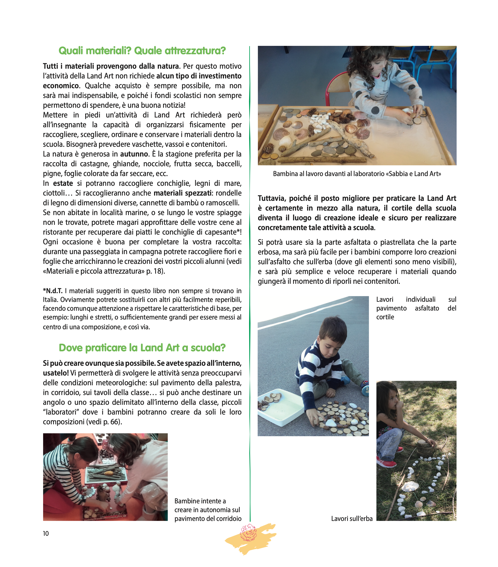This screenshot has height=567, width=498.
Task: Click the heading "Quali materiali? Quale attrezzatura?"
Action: [x=142, y=51]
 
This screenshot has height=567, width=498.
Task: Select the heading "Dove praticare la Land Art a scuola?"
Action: [x=142, y=348]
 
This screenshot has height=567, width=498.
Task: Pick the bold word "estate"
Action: [x=63, y=183]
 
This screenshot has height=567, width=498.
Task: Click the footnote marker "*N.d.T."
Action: [x=53, y=291]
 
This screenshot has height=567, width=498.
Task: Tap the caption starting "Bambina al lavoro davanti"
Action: [x=357, y=174]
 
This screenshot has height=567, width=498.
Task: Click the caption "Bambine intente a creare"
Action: [x=208, y=510]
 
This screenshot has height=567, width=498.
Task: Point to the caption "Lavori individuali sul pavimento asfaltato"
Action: [x=416, y=308]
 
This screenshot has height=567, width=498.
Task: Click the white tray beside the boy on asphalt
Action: [x=280, y=409]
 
